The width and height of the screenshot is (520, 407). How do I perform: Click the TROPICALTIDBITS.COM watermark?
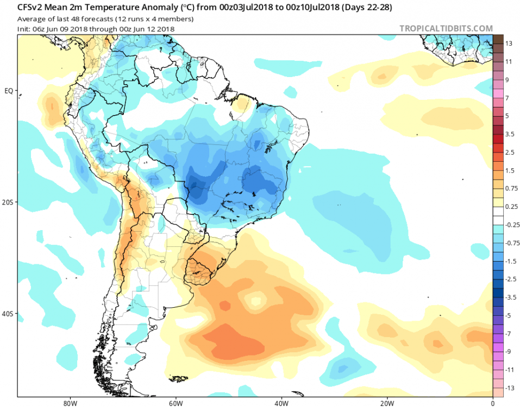click(446, 28)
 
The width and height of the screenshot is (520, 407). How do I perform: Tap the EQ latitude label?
click(9, 91)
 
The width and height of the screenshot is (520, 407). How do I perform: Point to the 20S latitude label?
click(8, 202)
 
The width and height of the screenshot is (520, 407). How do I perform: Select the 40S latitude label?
click(8, 314)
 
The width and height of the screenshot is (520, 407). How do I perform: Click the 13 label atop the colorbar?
click(509, 43)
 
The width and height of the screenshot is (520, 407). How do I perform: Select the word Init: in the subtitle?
click(25, 28)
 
